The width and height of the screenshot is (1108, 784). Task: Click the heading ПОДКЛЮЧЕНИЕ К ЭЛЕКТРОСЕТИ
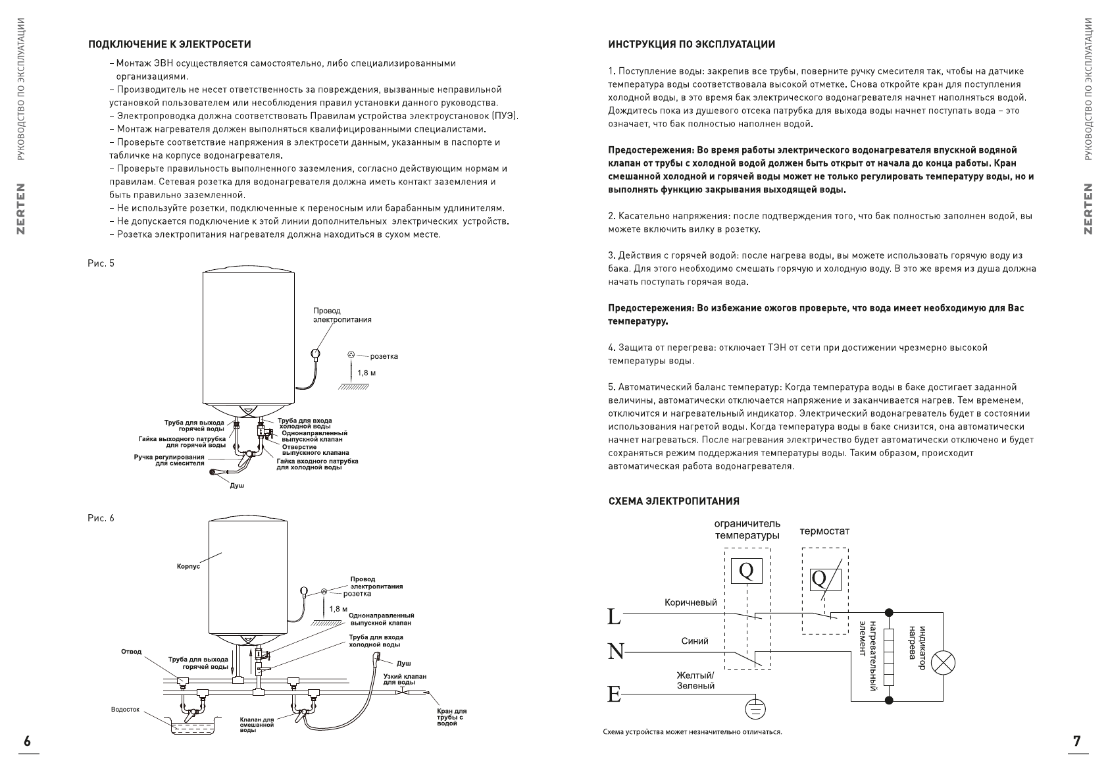pyautogui.click(x=170, y=45)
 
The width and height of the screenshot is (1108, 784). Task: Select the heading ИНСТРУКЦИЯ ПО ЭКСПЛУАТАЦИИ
pyautogui.click(x=692, y=45)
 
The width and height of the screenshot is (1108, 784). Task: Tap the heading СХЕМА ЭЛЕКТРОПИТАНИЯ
pyautogui.click(x=674, y=501)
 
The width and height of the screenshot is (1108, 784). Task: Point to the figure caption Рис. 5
pyautogui.click(x=101, y=263)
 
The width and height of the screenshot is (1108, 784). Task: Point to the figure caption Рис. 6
pyautogui.click(x=101, y=518)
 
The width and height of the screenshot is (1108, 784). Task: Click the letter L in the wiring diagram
pyautogui.click(x=613, y=616)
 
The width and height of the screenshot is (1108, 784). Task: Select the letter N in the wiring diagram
pyautogui.click(x=615, y=652)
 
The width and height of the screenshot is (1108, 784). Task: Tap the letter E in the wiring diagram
pyautogui.click(x=613, y=694)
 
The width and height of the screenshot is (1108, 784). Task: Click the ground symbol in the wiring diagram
pyautogui.click(x=755, y=708)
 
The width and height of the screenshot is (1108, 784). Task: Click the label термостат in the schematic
pyautogui.click(x=824, y=531)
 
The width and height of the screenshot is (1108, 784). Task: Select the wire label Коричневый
pyautogui.click(x=691, y=602)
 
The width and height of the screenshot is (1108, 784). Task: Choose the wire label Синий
pyautogui.click(x=695, y=641)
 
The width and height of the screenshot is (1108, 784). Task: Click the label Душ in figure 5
pyautogui.click(x=237, y=485)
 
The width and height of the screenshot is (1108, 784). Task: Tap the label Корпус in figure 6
pyautogui.click(x=188, y=565)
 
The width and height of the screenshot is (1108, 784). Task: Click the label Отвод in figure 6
pyautogui.click(x=131, y=652)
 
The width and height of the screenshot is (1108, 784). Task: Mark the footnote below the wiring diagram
pyautogui.click(x=692, y=732)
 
